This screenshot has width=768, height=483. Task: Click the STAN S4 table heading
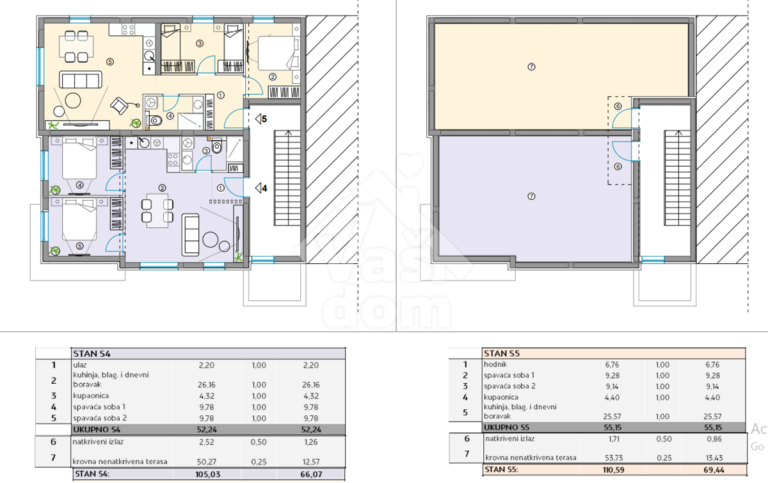(x=92, y=354)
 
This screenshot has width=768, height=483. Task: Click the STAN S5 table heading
(x=502, y=353)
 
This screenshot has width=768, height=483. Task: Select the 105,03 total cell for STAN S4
(x=208, y=475)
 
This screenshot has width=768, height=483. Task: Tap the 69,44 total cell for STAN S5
(x=714, y=470)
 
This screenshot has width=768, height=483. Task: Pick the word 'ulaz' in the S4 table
(x=79, y=365)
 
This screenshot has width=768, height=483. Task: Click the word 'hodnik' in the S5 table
(x=495, y=364)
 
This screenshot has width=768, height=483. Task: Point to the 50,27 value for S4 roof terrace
(x=206, y=462)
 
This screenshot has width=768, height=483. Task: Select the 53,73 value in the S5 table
(x=613, y=458)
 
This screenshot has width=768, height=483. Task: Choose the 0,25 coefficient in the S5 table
(x=664, y=458)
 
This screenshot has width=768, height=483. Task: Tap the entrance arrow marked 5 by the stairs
(x=261, y=119)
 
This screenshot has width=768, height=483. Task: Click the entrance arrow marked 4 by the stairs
(x=261, y=188)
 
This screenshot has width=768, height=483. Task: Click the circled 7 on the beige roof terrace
(x=531, y=67)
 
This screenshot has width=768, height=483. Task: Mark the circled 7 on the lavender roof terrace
(x=531, y=197)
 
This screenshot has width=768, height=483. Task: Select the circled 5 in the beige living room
(x=109, y=61)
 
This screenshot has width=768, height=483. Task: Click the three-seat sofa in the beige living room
(x=81, y=80)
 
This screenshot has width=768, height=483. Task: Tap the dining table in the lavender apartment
(x=157, y=211)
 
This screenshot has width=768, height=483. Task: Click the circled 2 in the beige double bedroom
(x=273, y=77)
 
